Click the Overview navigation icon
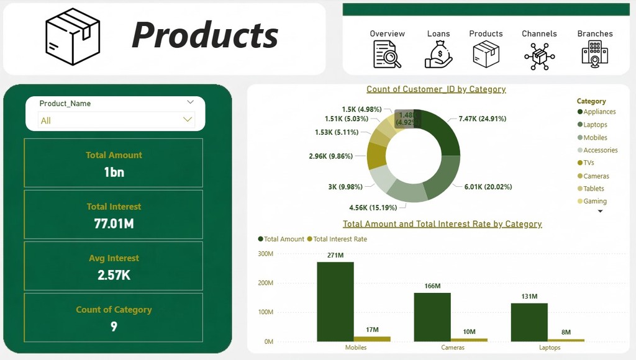pyautogui.click(x=387, y=55)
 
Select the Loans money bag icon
pyautogui.click(x=438, y=55)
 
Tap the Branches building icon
pyautogui.click(x=594, y=55)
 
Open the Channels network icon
pyautogui.click(x=540, y=56)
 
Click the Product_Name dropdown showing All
pyautogui.click(x=116, y=120)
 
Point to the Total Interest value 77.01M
pyautogui.click(x=114, y=224)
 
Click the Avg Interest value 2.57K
pyautogui.click(x=114, y=275)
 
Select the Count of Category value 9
pyautogui.click(x=114, y=326)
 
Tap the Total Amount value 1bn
pyautogui.click(x=114, y=173)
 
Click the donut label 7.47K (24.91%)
pyautogui.click(x=482, y=119)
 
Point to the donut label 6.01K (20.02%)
pyautogui.click(x=488, y=187)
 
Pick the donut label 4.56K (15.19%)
pyautogui.click(x=373, y=207)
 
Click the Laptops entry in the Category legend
pyautogui.click(x=593, y=125)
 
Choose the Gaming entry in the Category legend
pyautogui.click(x=592, y=201)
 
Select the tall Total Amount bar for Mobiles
pyautogui.click(x=335, y=302)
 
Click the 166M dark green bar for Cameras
pyautogui.click(x=432, y=317)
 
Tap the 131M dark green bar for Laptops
pyautogui.click(x=529, y=322)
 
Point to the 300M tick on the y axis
pyautogui.click(x=266, y=254)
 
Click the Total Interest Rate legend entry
pyautogui.click(x=337, y=239)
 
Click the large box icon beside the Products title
pyautogui.click(x=73, y=37)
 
